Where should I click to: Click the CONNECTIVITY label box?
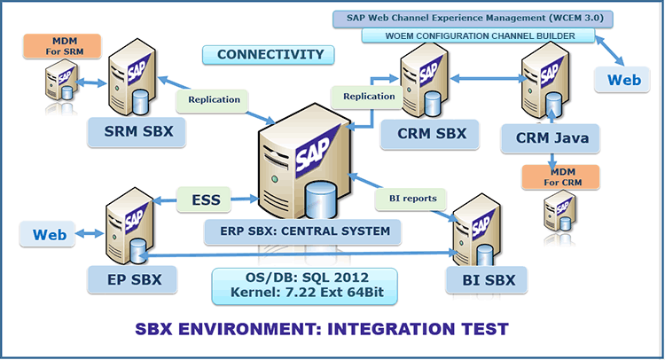click(270, 55)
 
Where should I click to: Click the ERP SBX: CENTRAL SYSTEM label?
click(301, 232)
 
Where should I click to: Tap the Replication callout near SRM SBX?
click(214, 99)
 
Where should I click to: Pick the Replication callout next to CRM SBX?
click(369, 96)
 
